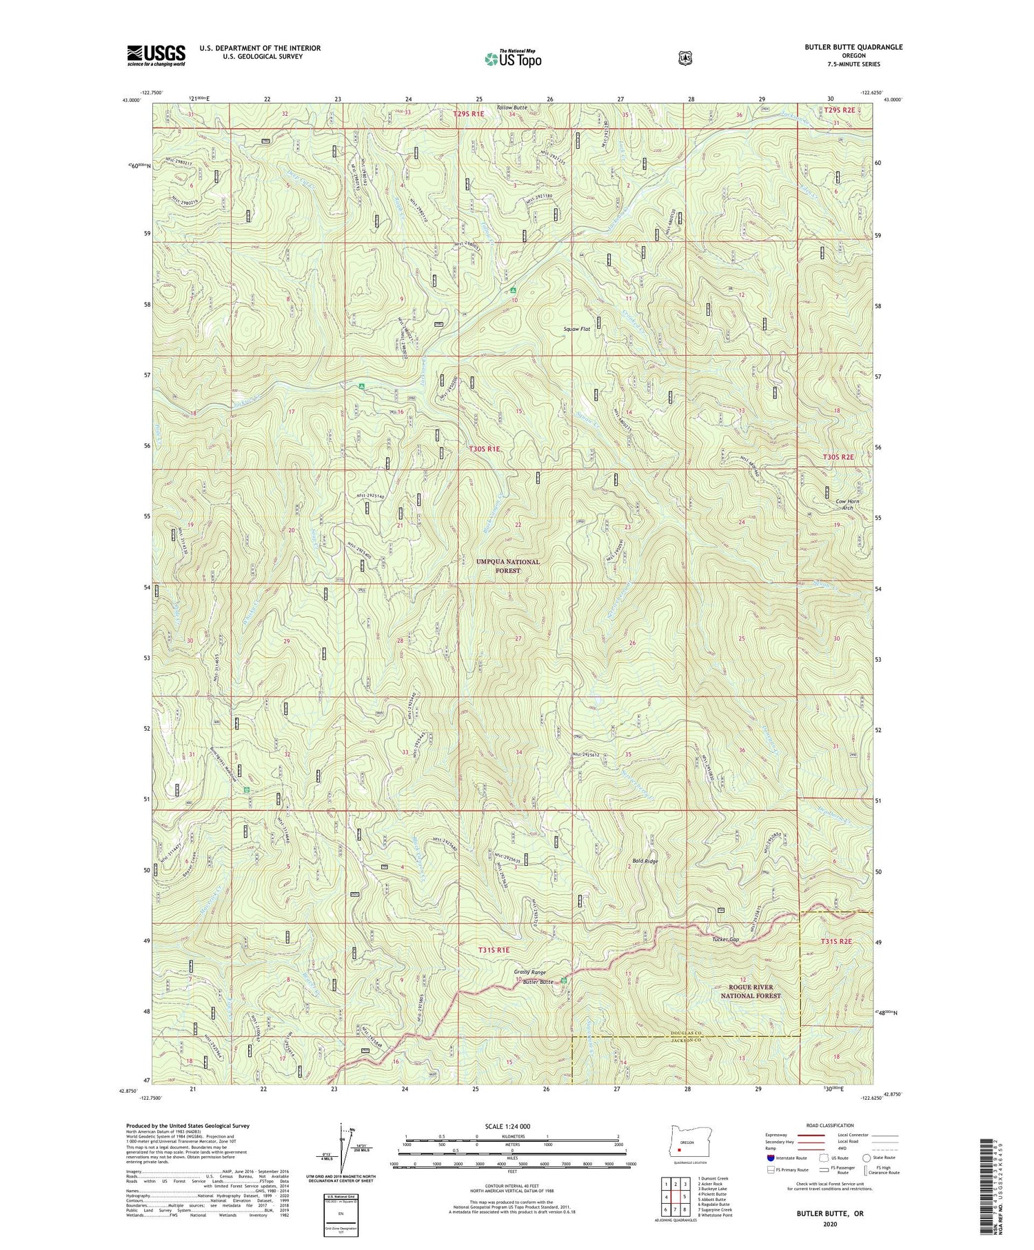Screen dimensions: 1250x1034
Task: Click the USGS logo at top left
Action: coord(156,55)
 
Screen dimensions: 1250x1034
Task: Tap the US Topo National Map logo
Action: coord(514,58)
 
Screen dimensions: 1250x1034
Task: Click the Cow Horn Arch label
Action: coord(847,505)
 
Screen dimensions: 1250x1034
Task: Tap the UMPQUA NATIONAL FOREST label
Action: coord(508,566)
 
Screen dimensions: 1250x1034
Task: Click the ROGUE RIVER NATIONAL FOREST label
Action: coord(751,991)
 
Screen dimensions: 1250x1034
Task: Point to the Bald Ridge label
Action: coord(645,862)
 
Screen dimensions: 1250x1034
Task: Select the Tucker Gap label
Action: coord(725,940)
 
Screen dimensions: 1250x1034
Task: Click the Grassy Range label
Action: coord(529,973)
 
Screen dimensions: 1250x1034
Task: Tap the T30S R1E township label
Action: coord(485,449)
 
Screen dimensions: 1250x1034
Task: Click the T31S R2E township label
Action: coord(837,942)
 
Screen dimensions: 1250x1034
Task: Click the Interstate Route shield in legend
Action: coord(770,1158)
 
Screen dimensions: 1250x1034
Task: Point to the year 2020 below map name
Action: coord(830,1224)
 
